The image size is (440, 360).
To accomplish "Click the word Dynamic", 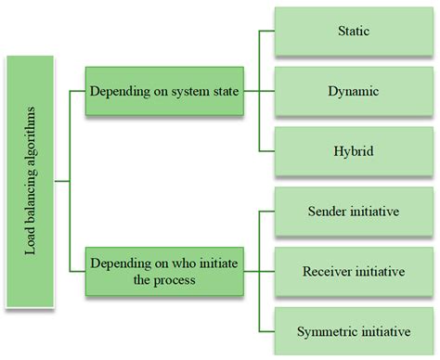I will click(353, 92).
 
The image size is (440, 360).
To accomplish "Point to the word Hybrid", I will click(353, 151).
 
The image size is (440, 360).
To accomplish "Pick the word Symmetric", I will click(324, 331).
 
